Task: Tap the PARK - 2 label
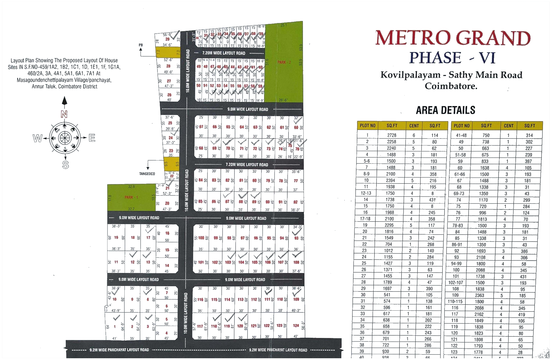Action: tap(284, 62)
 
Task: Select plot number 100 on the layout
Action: tap(201, 238)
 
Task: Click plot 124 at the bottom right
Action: tap(296, 325)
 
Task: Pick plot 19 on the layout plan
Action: tap(116, 237)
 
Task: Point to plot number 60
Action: tap(296, 127)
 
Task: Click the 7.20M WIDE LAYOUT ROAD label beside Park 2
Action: tap(224, 53)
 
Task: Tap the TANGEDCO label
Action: tap(147, 174)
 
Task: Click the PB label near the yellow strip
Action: tap(141, 45)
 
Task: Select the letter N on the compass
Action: tap(64, 114)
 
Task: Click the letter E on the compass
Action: tap(92, 138)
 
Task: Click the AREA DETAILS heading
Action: tap(445, 110)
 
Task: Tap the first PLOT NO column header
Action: tap(368, 126)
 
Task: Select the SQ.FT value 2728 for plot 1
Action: tap(392, 135)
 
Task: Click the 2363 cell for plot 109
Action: tap(479, 295)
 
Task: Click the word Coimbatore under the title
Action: tap(451, 86)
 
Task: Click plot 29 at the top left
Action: tap(168, 39)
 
